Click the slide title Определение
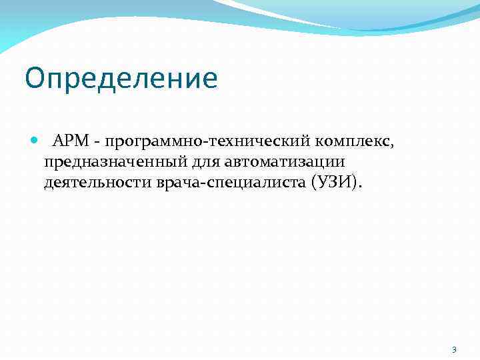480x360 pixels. tap(121, 79)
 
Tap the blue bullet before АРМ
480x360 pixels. tap(35, 141)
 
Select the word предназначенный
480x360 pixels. tap(118, 162)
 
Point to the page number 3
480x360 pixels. tap(454, 349)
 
